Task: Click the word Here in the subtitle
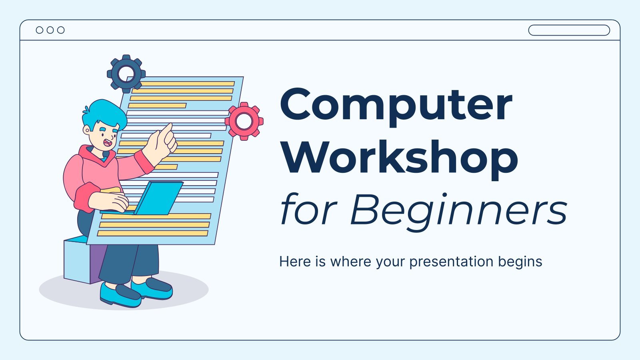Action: point(295,262)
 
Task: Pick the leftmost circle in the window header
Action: point(40,30)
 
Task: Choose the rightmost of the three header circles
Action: point(61,30)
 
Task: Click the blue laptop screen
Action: point(159,198)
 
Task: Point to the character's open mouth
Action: point(108,142)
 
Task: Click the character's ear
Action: point(86,130)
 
